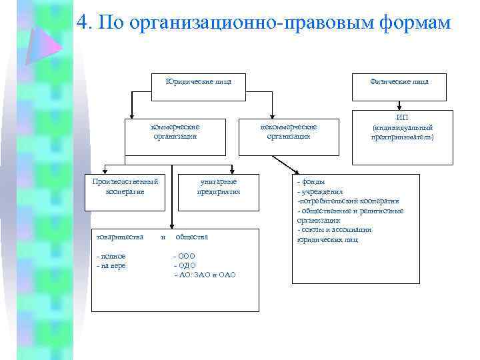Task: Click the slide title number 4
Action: tap(83, 23)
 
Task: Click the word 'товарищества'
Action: tap(120, 237)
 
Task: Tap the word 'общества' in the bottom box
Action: tap(191, 237)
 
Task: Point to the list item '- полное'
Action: tap(111, 257)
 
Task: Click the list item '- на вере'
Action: tap(112, 265)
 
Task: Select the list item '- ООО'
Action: tap(185, 257)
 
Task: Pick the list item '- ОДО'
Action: tap(185, 265)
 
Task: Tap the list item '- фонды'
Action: tap(311, 181)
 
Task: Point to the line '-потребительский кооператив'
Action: tap(348, 201)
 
